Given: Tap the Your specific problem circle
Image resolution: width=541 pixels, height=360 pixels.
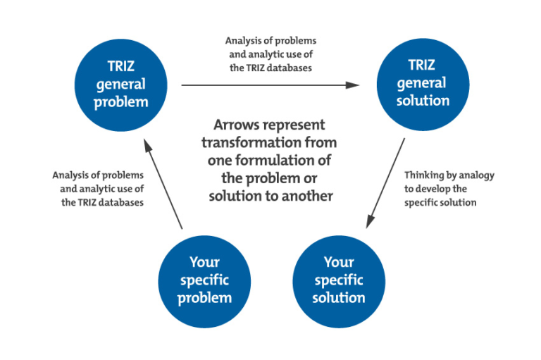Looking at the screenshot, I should [204, 280].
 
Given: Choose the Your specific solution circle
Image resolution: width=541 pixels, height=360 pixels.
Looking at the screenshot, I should [339, 280].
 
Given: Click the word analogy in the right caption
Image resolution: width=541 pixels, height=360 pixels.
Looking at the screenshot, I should [478, 174].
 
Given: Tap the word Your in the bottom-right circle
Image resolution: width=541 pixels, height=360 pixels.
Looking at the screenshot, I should [339, 262].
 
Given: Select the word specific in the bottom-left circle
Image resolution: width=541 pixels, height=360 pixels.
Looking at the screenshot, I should [204, 280].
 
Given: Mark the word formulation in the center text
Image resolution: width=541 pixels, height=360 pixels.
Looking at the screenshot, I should [280, 161].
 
